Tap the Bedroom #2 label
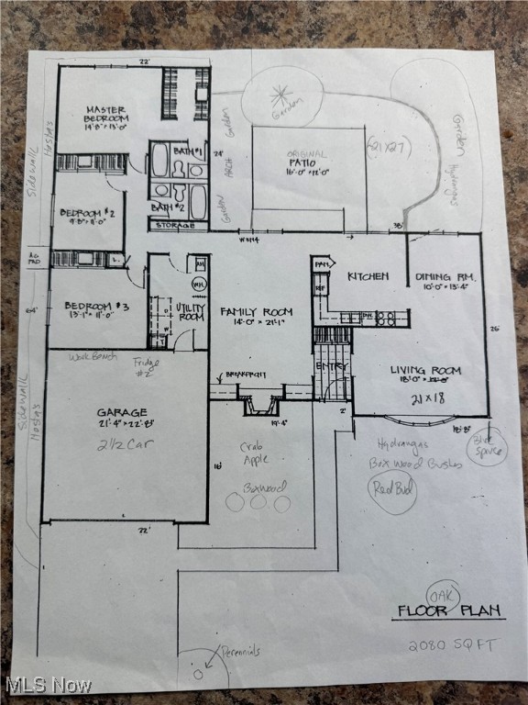[85, 213]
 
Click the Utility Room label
[190, 311]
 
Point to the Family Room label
[250, 312]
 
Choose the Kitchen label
[368, 275]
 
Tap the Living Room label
[425, 371]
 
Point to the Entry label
[332, 365]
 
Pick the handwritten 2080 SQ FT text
[454, 644]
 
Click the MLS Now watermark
[48, 685]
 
